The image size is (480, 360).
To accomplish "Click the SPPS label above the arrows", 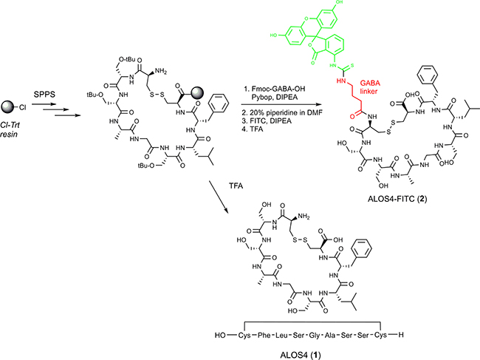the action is point(44,94).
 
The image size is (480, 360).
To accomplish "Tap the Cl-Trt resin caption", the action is point(10,129).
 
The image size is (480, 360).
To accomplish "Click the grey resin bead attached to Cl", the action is point(7,107).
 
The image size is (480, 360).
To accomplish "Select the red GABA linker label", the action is point(370,87).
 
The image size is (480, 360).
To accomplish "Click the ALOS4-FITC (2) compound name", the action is point(397,199).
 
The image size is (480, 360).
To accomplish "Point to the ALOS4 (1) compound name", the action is point(301,355).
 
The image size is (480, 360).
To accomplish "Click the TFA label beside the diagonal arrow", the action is point(236,186).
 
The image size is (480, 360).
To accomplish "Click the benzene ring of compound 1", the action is point(362,248).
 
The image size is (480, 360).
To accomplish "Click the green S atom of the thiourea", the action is point(352,65).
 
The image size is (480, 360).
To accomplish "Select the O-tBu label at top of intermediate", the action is point(127,59).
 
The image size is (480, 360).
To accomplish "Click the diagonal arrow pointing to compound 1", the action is point(219,197).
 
